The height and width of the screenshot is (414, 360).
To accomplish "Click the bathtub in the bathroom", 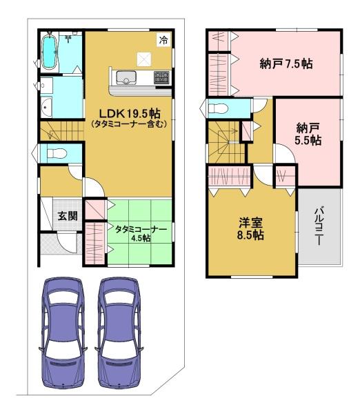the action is click(x=50, y=52).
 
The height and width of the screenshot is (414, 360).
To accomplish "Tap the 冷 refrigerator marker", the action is click(x=163, y=40).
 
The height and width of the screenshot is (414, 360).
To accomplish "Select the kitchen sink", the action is click(x=126, y=78).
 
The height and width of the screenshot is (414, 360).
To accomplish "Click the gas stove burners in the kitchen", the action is click(x=161, y=77).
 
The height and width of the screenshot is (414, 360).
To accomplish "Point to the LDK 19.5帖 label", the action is click(x=130, y=114).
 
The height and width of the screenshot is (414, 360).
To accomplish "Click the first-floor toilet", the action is click(x=57, y=153).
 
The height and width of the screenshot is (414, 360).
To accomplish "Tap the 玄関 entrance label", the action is click(x=68, y=216).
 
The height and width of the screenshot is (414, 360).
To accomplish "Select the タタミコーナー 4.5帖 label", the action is click(x=141, y=233).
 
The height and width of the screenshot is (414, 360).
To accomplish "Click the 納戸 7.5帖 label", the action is click(x=286, y=64).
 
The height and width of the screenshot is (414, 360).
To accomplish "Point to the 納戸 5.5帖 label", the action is click(x=308, y=134).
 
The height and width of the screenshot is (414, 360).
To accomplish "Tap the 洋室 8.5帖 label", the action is click(x=250, y=228).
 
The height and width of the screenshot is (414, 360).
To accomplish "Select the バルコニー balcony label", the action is click(x=319, y=226).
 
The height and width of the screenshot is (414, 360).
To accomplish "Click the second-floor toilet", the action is click(x=218, y=108).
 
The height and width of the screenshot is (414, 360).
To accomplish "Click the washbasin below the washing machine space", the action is click(x=47, y=107).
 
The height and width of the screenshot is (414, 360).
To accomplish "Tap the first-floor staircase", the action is click(x=62, y=130).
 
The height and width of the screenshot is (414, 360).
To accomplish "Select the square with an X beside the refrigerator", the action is click(x=144, y=59).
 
